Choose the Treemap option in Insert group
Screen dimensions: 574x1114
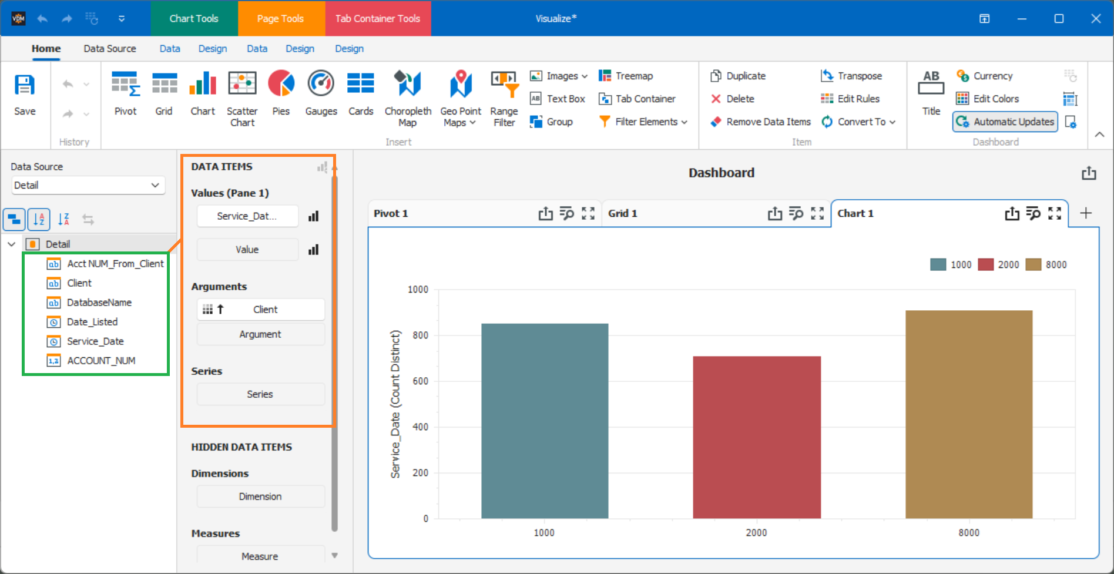coord(626,76)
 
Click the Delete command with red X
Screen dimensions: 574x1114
coord(733,99)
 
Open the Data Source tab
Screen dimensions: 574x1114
coord(110,49)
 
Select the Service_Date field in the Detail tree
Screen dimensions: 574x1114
coord(95,341)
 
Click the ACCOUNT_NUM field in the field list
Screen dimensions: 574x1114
coord(101,361)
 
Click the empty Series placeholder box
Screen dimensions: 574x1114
coord(260,394)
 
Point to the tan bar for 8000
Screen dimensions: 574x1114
coord(968,414)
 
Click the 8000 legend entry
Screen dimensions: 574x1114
coord(1046,264)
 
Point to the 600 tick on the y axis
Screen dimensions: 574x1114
coord(420,381)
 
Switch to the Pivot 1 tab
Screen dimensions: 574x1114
coord(391,213)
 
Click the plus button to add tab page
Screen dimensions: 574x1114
coord(1085,213)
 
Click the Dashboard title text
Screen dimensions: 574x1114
coord(721,173)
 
